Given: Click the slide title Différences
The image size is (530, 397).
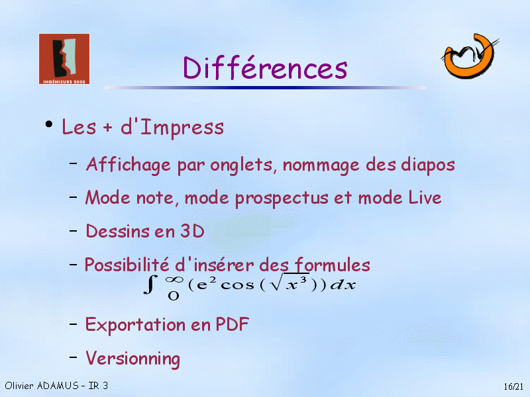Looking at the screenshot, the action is click(x=265, y=67).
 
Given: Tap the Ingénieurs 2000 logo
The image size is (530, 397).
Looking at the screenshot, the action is click(x=64, y=59).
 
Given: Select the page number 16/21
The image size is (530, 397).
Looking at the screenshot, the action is click(x=513, y=386).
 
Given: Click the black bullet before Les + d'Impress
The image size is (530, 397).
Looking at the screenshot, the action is click(x=49, y=124).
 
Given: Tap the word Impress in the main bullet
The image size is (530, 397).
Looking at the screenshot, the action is click(x=182, y=128).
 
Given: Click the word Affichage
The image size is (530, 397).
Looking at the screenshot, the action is click(x=129, y=165).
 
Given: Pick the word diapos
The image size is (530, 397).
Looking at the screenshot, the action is click(x=427, y=165).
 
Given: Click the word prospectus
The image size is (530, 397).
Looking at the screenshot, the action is click(x=282, y=198).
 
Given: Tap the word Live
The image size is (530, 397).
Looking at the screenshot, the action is click(x=425, y=197).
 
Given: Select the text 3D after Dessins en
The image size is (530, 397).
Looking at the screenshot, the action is click(x=192, y=231).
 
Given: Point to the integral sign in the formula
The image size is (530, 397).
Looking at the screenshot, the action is click(x=150, y=285).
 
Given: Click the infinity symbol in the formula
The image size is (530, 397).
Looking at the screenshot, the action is click(x=174, y=279).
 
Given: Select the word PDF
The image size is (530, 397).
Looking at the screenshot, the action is click(x=233, y=324).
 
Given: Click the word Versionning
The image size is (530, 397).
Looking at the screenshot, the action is click(x=133, y=359).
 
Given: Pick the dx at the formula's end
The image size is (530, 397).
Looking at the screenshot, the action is click(x=343, y=285).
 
